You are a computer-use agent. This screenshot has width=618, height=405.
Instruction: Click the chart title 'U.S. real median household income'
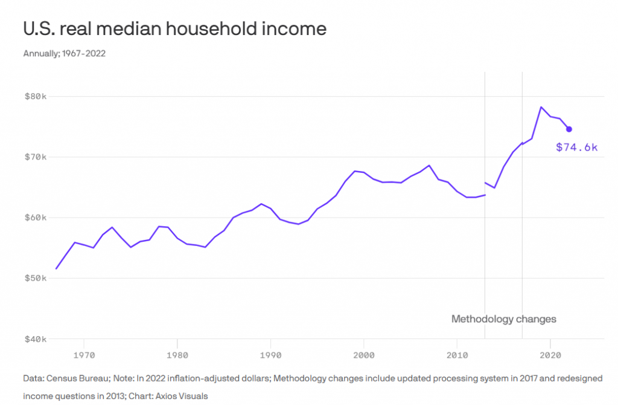pyautogui.click(x=174, y=28)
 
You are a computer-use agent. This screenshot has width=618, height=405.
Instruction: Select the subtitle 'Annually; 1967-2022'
pyautogui.click(x=65, y=54)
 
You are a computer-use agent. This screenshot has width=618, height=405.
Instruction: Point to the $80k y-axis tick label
pyautogui.click(x=35, y=96)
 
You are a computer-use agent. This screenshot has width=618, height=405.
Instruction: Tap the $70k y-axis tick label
pyautogui.click(x=35, y=157)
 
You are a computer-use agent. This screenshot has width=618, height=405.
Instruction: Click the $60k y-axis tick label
pyautogui.click(x=35, y=218)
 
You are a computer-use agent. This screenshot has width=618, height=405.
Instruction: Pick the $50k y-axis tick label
pyautogui.click(x=35, y=279)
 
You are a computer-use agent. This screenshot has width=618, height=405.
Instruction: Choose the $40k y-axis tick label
pyautogui.click(x=35, y=339)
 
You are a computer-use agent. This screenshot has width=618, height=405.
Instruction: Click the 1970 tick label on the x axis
pyautogui.click(x=84, y=352)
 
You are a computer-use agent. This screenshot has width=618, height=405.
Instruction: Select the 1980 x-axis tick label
pyautogui.click(x=177, y=352)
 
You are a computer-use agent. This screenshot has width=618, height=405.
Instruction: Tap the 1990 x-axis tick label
pyautogui.click(x=270, y=352)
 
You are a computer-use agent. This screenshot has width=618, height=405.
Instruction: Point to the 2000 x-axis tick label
pyautogui.click(x=363, y=352)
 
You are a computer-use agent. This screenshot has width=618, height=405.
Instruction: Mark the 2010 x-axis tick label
pyautogui.click(x=457, y=352)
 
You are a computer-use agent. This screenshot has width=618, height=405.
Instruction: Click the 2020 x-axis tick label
pyautogui.click(x=550, y=352)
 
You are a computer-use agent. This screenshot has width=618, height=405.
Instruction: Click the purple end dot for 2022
pyautogui.click(x=569, y=129)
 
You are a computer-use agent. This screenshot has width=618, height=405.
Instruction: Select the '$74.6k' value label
pyautogui.click(x=576, y=147)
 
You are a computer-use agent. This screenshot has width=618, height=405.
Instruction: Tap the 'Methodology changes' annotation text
pyautogui.click(x=503, y=319)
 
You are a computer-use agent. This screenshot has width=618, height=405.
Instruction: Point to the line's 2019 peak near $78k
pyautogui.click(x=541, y=107)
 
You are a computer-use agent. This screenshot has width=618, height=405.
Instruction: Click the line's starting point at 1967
pyautogui.click(x=56, y=268)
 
